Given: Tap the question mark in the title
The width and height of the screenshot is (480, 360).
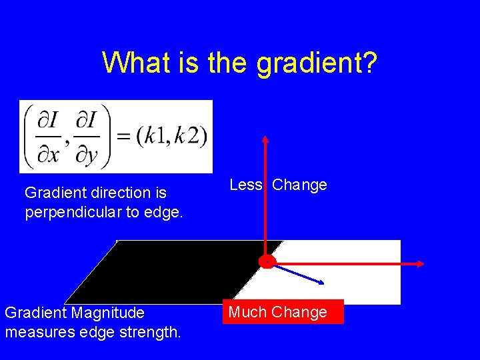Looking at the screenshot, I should tap(370, 63).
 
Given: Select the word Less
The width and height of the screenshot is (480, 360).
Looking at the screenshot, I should tap(246, 185).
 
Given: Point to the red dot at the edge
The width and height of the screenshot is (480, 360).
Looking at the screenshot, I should tap(267, 263).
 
